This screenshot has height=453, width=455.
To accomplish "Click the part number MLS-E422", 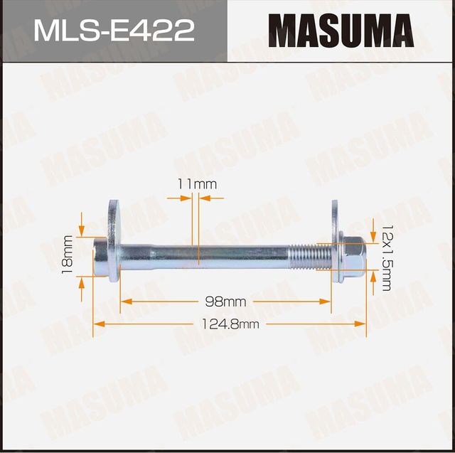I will pyautogui.click(x=114, y=31).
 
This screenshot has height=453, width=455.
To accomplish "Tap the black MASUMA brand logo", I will pyautogui.click(x=341, y=32).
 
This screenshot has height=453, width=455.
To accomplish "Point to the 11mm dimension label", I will pyautogui.click(x=197, y=184).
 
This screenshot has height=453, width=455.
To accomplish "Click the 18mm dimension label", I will pyautogui.click(x=68, y=254).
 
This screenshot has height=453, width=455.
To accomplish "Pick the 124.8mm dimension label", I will pyautogui.click(x=230, y=324).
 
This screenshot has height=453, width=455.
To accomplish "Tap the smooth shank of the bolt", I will pyautogui.click(x=206, y=253).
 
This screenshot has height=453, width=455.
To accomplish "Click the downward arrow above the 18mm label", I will pyautogui.click(x=82, y=230).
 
